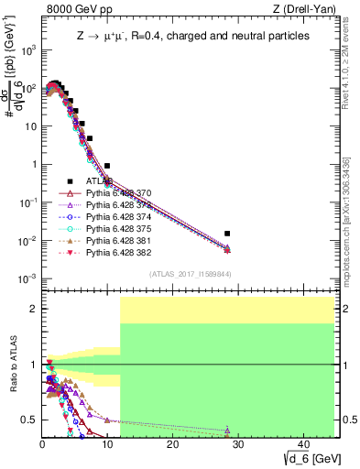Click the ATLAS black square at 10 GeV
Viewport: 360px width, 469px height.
click(107, 166)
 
